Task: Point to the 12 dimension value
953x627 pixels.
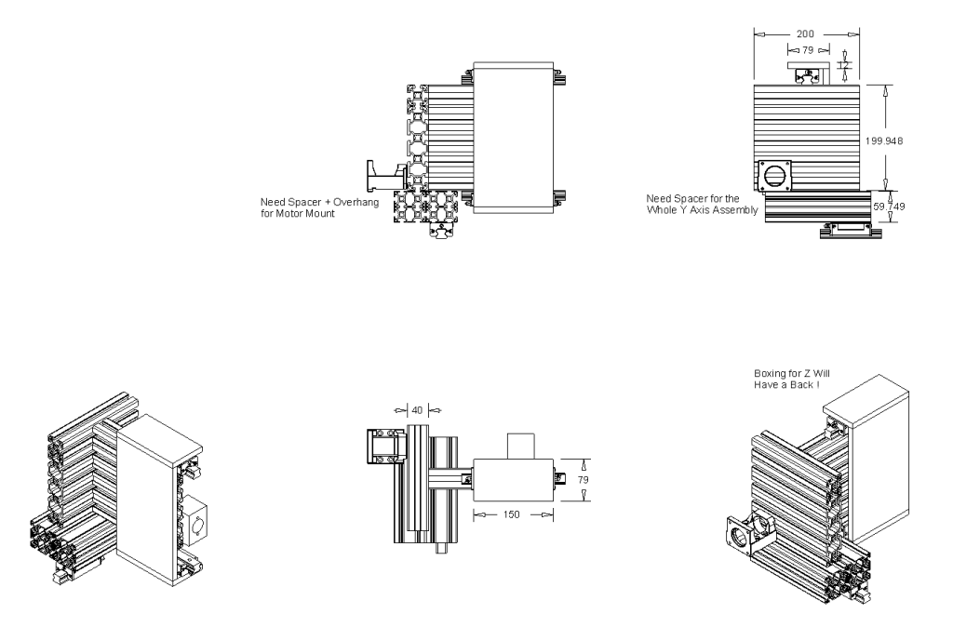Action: point(845,65)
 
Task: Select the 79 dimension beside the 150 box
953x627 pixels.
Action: point(584,480)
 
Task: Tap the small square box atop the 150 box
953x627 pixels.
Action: point(522,445)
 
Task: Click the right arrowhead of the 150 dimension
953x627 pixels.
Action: point(549,514)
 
